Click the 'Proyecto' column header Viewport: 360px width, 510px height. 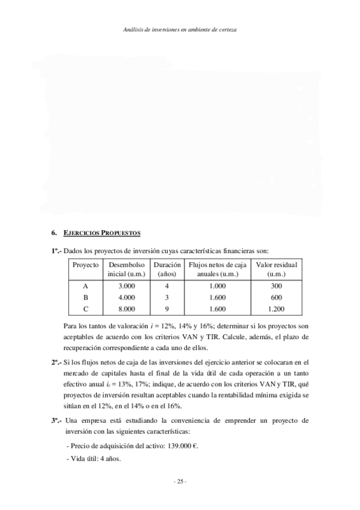tap(85, 265)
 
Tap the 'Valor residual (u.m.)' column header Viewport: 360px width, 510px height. tap(276, 269)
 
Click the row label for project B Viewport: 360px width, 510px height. tap(85, 298)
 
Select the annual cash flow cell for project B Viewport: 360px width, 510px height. tap(218, 298)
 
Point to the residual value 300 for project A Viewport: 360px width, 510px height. tap(276, 286)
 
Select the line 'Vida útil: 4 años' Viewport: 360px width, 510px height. tap(96, 459)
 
